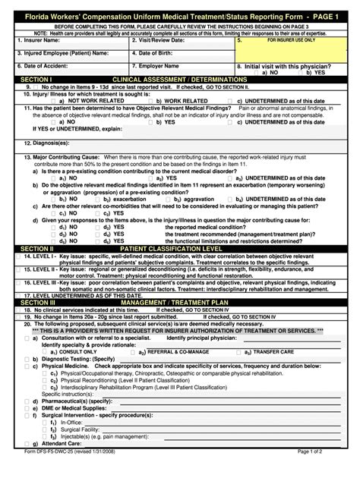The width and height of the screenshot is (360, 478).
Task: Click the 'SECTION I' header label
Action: (x=36, y=79)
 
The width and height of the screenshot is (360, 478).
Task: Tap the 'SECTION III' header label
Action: (x=38, y=302)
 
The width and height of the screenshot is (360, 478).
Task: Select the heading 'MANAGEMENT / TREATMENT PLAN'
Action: (x=179, y=302)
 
